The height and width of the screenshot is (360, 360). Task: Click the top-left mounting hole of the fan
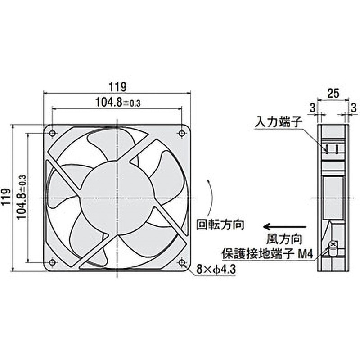[53, 133]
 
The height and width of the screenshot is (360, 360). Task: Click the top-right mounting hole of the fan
[182, 133]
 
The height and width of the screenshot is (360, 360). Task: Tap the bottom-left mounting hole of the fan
[53, 262]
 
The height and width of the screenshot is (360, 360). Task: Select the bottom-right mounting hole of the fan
[182, 262]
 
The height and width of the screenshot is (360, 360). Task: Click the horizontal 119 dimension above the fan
[117, 85]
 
